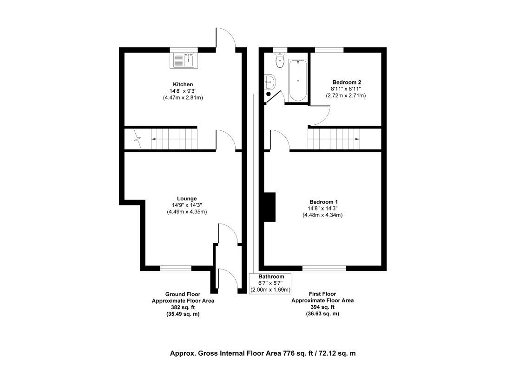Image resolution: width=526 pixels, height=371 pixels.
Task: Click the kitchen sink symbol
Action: [x=184, y=60]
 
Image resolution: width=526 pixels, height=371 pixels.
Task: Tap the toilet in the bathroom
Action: [x=279, y=60]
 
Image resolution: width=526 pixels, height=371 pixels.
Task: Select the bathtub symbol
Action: [x=297, y=80]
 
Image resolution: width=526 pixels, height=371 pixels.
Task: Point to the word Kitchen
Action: [x=183, y=84]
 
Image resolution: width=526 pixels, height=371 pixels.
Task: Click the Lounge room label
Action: [x=187, y=198]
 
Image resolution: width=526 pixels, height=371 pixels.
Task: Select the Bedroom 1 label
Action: [x=323, y=202]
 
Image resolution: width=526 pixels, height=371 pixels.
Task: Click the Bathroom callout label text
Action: [x=271, y=276]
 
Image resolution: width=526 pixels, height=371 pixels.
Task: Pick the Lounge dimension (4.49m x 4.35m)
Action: [x=187, y=212]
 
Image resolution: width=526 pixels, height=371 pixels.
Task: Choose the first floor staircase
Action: [x=334, y=138]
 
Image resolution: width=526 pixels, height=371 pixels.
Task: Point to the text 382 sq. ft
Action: [x=183, y=307]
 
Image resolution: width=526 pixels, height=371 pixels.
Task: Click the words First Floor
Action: [x=322, y=294]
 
